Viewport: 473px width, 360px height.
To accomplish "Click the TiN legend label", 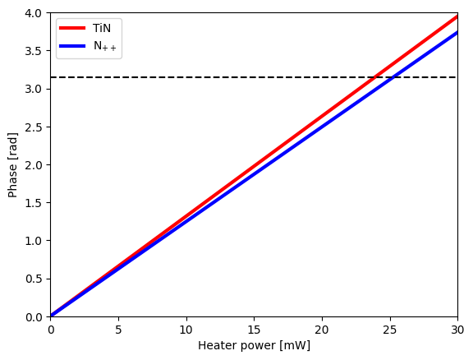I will click(x=101, y=28).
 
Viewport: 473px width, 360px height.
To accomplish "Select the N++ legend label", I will click(x=105, y=48).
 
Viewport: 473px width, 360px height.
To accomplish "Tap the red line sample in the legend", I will click(x=74, y=28).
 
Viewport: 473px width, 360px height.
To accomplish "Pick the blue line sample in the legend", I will click(x=74, y=47).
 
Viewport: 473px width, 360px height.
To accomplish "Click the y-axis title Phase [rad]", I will click(x=12, y=164).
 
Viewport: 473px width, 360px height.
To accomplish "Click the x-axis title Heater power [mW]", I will click(x=254, y=345).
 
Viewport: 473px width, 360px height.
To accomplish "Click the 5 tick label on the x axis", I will click(x=118, y=329).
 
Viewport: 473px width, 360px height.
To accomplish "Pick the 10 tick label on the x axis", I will click(x=186, y=329).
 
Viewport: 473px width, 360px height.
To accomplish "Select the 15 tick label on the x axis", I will click(x=254, y=329).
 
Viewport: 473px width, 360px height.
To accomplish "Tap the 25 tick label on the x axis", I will click(x=389, y=329).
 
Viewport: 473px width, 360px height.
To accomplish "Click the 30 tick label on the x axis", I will click(x=457, y=329).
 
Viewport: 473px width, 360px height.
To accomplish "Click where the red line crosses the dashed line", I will click(x=374, y=77).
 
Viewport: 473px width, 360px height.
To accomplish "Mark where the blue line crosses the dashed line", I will click(x=393, y=77).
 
